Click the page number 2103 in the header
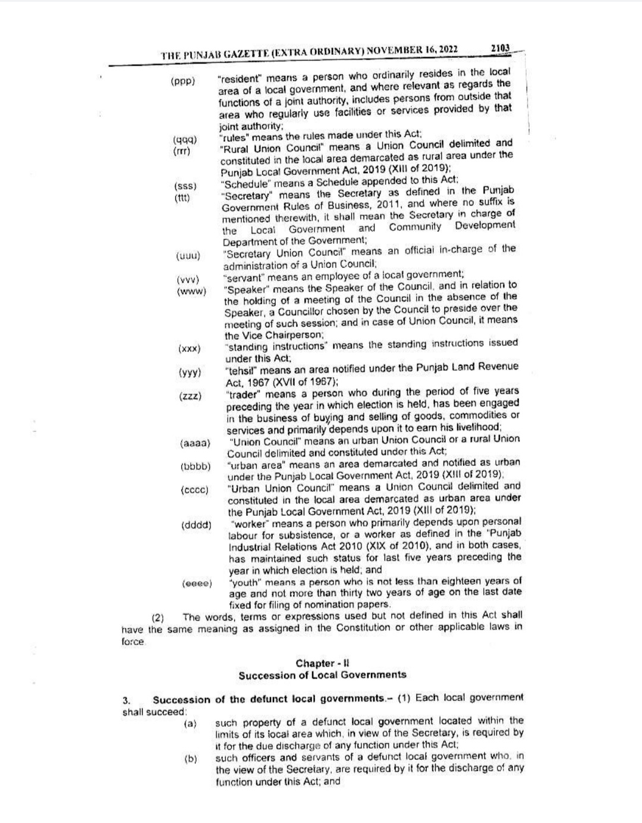(x=501, y=48)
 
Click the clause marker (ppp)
(x=183, y=81)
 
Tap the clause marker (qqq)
(x=185, y=140)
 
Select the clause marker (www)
(x=191, y=292)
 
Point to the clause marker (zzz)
(x=190, y=396)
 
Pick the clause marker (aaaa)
(x=195, y=443)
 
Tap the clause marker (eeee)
(x=197, y=584)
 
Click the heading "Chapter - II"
(x=323, y=663)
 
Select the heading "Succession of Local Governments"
(x=323, y=675)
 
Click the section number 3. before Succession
(x=126, y=700)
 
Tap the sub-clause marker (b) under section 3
(x=190, y=759)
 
